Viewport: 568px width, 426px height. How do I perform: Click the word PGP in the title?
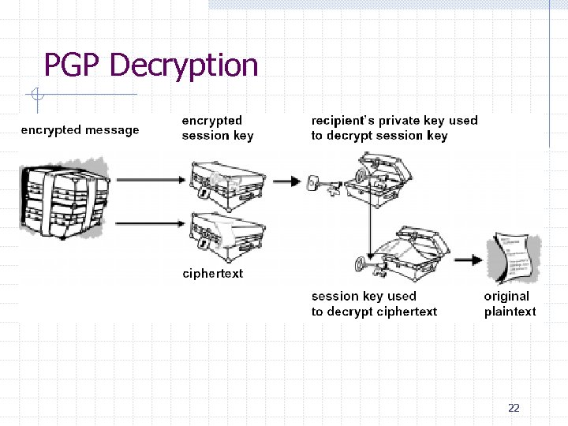click(x=71, y=65)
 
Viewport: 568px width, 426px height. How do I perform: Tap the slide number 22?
click(x=514, y=408)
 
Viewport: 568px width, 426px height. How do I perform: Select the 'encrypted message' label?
click(x=80, y=130)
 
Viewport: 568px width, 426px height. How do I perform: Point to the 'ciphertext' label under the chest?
click(x=212, y=274)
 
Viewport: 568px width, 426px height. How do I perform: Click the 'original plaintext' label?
click(x=509, y=304)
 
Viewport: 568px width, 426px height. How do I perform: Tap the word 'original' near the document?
click(x=506, y=297)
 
